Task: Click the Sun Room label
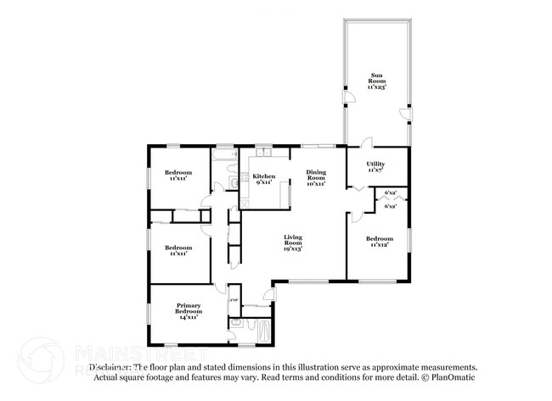(375, 77)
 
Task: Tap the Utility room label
(375, 164)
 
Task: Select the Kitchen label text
(264, 176)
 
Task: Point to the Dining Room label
(316, 175)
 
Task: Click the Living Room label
(293, 239)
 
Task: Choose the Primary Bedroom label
(189, 309)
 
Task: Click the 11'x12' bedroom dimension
(380, 245)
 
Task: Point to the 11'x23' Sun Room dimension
(375, 86)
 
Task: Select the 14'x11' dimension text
(189, 318)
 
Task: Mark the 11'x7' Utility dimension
(375, 170)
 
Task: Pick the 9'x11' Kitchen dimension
(264, 182)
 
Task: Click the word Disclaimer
(111, 367)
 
